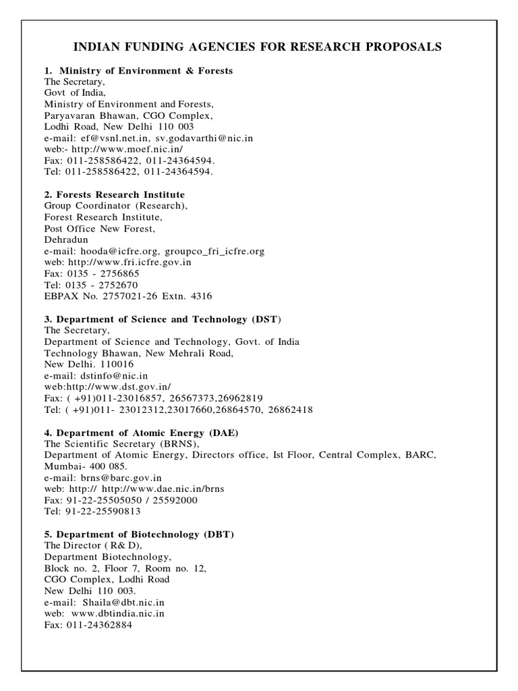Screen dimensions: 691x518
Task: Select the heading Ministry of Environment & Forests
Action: [146, 70]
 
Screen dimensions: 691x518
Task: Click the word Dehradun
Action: [66, 240]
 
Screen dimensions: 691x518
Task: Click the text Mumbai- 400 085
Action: [80, 466]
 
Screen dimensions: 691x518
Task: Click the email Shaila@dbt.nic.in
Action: [124, 603]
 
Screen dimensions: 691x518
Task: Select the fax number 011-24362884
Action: [99, 625]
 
